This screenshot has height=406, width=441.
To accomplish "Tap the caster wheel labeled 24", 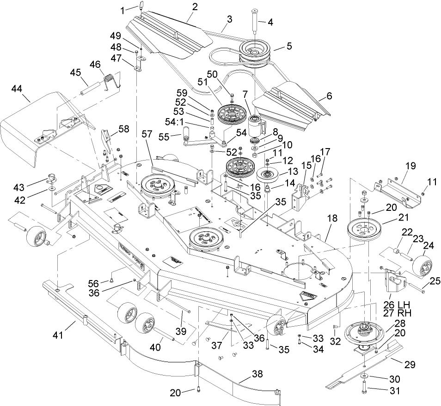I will tap(421, 265).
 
